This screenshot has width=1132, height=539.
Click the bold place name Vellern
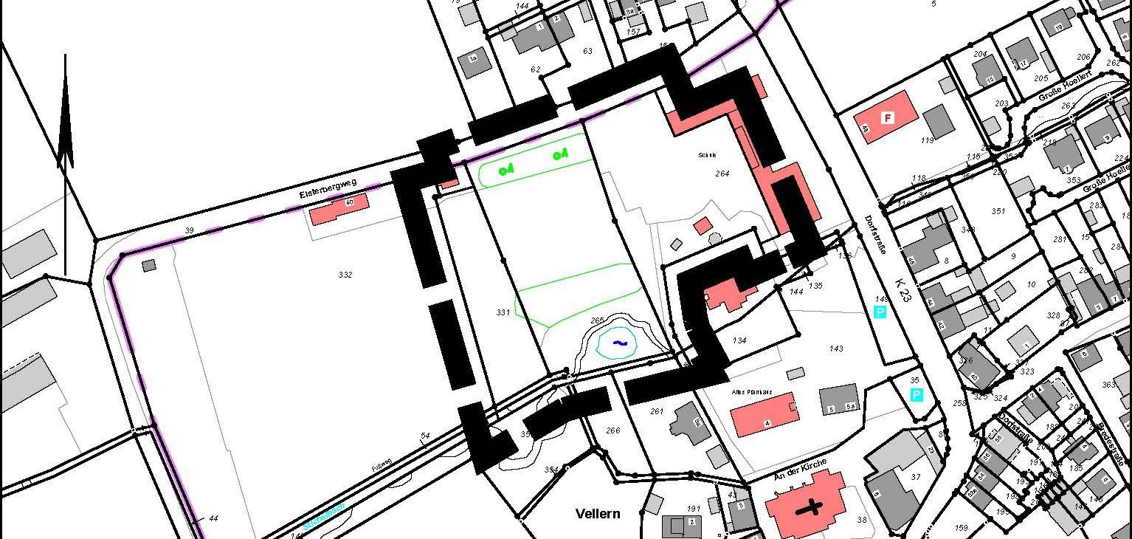coord(598,513)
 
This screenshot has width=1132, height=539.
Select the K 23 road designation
coord(902,287)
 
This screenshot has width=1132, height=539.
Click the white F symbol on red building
coord(888,117)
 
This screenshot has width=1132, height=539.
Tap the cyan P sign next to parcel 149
coord(880,312)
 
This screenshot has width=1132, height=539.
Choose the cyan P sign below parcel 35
coord(916,395)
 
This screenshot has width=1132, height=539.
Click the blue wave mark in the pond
coord(619,343)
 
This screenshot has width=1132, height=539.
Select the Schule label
coord(707,155)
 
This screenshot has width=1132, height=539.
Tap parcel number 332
coord(345,275)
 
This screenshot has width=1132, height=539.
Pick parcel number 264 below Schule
coord(722,174)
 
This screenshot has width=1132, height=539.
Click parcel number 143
coord(835,349)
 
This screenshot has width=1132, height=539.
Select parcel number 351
coord(998,211)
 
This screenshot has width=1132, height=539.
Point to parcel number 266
coord(612,430)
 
